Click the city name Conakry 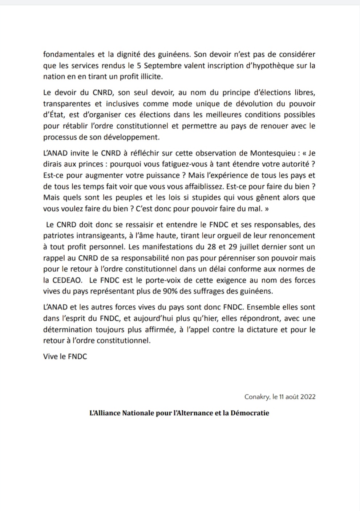257,397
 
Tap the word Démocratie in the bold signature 250,413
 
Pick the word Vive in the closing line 50,357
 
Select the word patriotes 57,235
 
